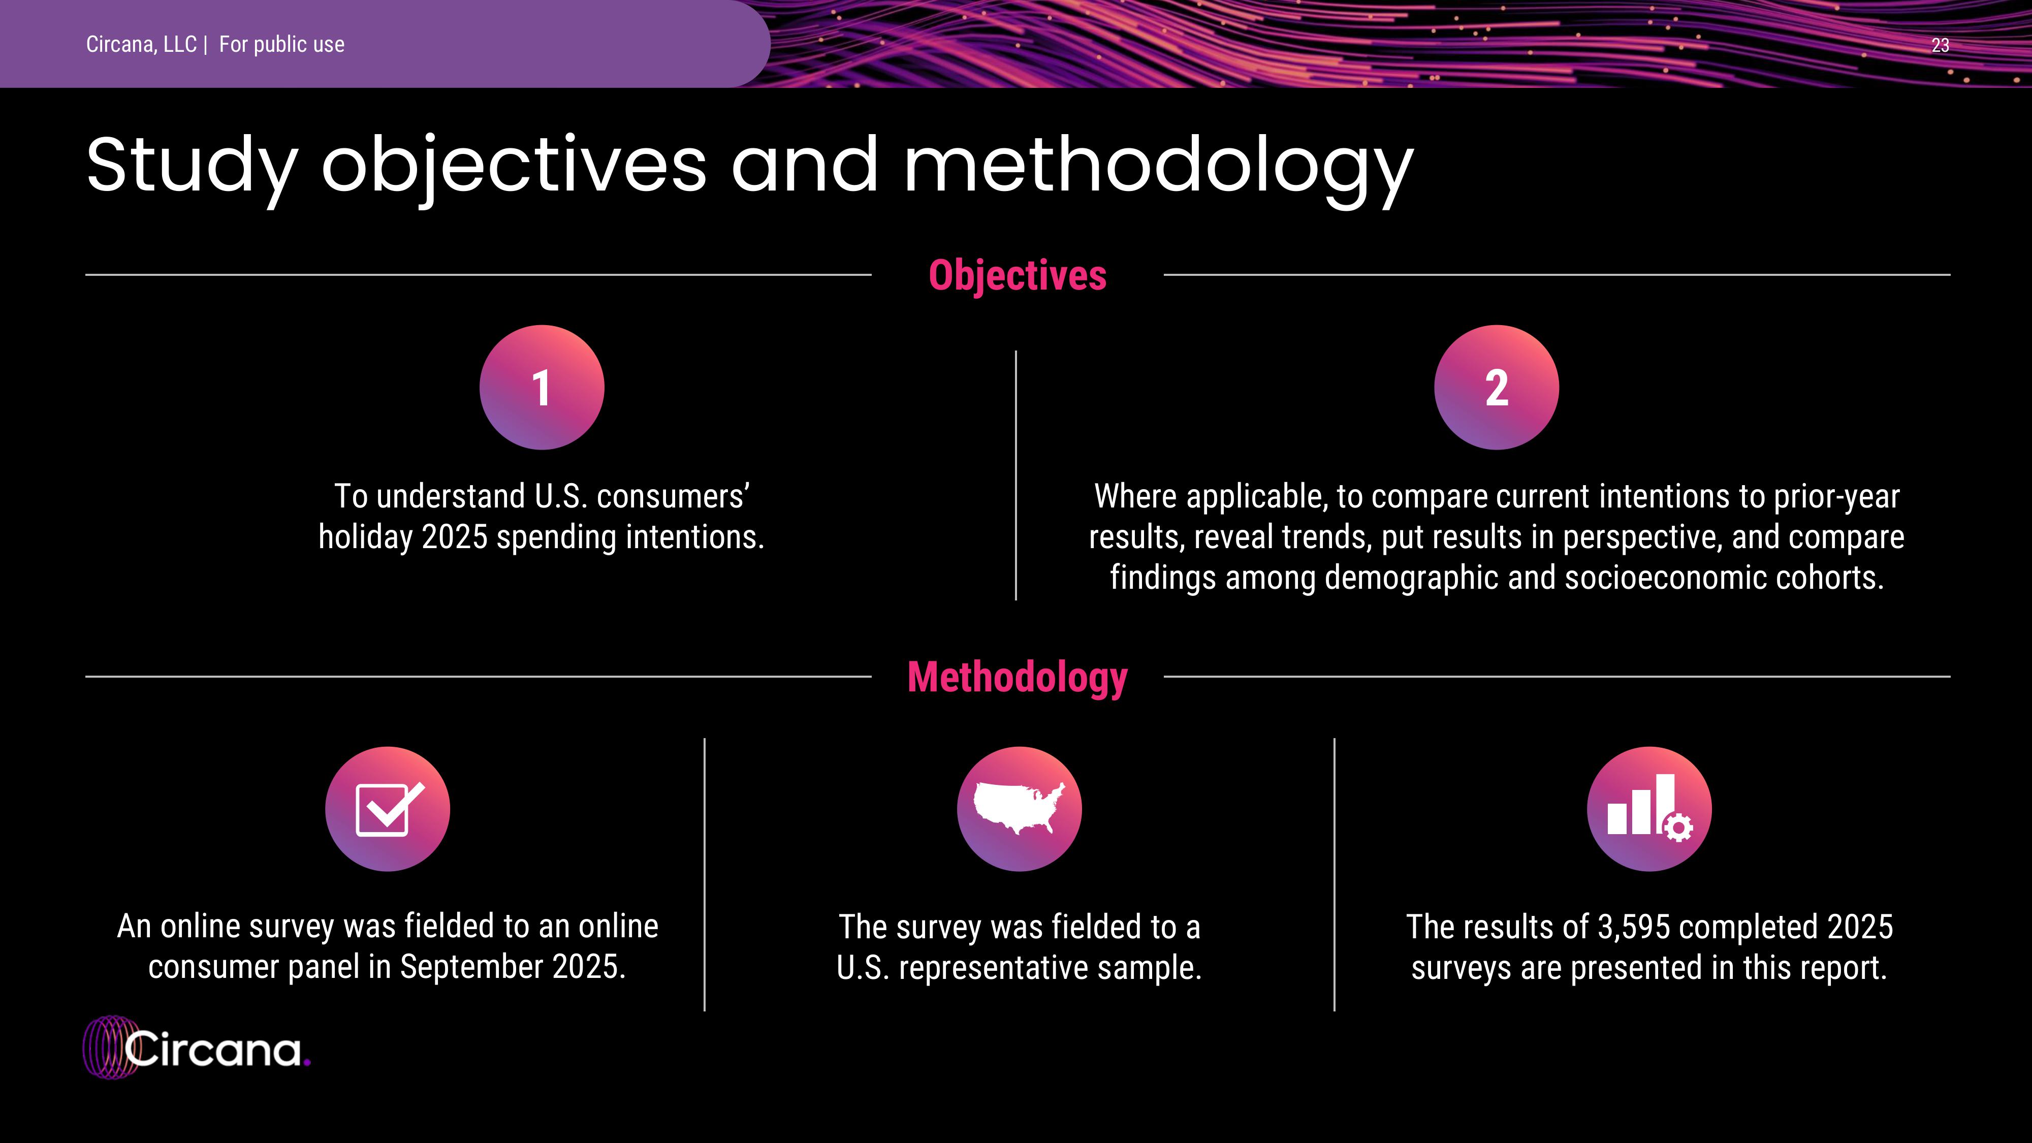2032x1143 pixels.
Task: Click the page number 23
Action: pyautogui.click(x=1940, y=46)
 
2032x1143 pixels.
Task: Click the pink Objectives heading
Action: pyautogui.click(x=1018, y=275)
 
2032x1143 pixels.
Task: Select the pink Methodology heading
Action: pyautogui.click(x=1018, y=677)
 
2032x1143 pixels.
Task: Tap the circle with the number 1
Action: pyautogui.click(x=542, y=387)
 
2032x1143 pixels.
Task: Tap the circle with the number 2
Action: pyautogui.click(x=1497, y=387)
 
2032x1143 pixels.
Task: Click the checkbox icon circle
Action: pyautogui.click(x=387, y=809)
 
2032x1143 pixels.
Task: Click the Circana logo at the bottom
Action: pyautogui.click(x=197, y=1047)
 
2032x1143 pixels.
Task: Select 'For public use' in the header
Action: pyautogui.click(x=281, y=45)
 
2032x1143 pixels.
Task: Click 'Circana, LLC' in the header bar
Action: pyautogui.click(x=141, y=45)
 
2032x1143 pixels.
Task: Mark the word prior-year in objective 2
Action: pyautogui.click(x=1836, y=497)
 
